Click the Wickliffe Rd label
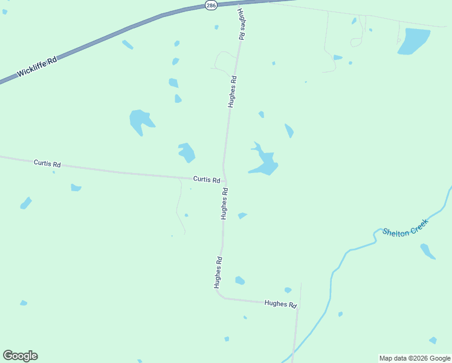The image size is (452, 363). [x=37, y=67]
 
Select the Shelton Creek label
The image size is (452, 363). [x=405, y=228]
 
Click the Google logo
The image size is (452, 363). [x=20, y=356]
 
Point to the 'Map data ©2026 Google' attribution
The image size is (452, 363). [x=415, y=358]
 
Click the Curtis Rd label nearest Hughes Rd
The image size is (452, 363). [x=206, y=180]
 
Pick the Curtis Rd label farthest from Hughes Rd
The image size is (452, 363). [x=47, y=163]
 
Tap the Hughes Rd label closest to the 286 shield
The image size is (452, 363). [x=241, y=25]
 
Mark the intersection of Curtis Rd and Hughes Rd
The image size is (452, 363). [x=224, y=180]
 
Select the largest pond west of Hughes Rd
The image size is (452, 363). [x=141, y=121]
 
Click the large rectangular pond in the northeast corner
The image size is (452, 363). [x=414, y=41]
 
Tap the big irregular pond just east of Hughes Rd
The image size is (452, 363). [x=264, y=161]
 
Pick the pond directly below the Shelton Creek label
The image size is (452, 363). [x=427, y=251]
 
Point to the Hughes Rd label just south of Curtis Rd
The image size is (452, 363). [x=224, y=203]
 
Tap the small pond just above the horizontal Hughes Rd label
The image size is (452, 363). [x=288, y=290]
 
